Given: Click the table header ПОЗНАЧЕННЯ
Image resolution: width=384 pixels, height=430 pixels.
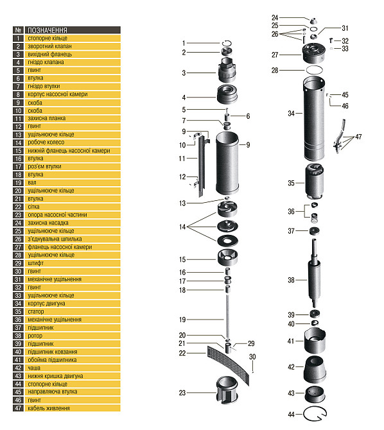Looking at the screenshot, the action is pos(48,30).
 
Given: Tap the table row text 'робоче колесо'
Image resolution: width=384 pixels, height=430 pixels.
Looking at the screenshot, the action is pos(46,142).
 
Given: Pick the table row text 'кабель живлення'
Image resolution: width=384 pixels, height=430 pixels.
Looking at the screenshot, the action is pos(49,408).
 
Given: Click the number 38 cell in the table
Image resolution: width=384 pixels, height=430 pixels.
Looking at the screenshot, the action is pos(18,336).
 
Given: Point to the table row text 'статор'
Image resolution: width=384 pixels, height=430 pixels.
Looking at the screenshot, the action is pos(36,311).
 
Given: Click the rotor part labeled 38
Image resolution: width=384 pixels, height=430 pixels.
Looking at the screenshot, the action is pos(314,274).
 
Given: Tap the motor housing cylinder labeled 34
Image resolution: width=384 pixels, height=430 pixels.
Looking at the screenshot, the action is pos(314,119).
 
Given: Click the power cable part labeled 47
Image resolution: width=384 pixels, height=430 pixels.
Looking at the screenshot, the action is pos(340,136).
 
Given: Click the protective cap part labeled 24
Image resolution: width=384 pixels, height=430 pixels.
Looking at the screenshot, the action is pos(313,21).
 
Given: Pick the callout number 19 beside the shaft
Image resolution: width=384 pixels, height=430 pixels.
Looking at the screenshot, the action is pos(182,320).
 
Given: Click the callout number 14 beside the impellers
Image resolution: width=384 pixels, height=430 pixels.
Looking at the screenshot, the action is pos(182,227).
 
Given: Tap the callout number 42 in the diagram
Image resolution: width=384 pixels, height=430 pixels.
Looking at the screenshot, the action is pos(292,367).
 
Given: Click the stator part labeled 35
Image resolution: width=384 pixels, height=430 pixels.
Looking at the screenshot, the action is pos(314,182).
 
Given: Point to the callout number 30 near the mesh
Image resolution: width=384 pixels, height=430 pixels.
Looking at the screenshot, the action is pos(252,357).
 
